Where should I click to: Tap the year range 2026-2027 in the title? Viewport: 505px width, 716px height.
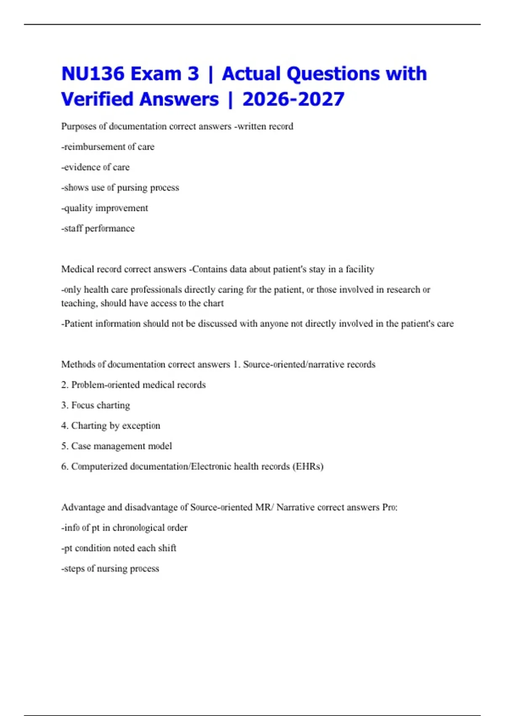(x=293, y=99)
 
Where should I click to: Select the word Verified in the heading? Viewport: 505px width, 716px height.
(x=98, y=99)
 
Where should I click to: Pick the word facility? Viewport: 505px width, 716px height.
(x=360, y=269)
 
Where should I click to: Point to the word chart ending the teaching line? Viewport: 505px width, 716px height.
(x=214, y=303)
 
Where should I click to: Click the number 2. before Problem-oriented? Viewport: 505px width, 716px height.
(x=65, y=385)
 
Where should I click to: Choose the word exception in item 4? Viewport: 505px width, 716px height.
(x=141, y=426)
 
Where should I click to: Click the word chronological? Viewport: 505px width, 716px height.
(x=138, y=528)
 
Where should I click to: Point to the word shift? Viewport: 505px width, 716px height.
(x=167, y=548)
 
